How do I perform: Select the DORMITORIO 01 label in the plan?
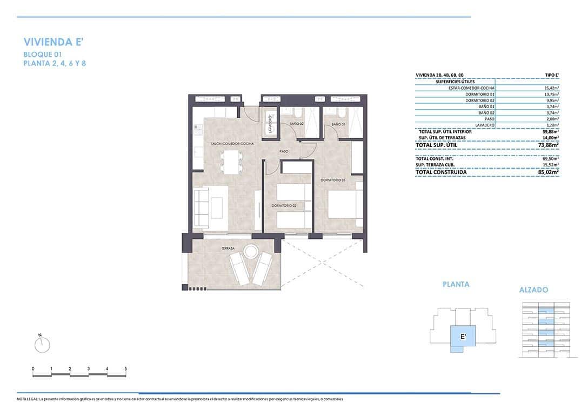(x=332, y=180)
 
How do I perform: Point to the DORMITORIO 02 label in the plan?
(x=283, y=206)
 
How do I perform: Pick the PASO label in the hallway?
(x=284, y=152)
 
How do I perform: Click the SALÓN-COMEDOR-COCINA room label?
(x=232, y=144)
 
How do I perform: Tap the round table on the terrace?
(x=251, y=251)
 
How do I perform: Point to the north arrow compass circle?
(x=41, y=345)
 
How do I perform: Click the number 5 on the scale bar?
(x=126, y=368)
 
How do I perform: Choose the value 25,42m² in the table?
(x=549, y=88)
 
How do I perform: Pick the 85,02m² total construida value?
(x=549, y=172)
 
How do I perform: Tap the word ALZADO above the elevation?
(x=533, y=290)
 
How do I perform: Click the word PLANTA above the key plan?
(x=456, y=284)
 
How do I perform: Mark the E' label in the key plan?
(x=463, y=337)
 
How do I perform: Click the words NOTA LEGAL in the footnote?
(x=27, y=399)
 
